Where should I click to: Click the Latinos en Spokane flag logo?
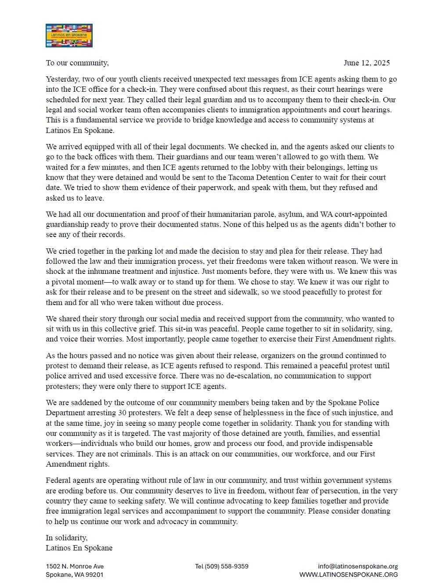click(69, 36)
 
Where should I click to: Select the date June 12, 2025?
click(366, 63)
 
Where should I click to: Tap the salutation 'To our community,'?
click(77, 63)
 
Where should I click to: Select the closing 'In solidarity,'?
click(67, 538)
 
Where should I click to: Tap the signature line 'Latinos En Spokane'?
click(79, 548)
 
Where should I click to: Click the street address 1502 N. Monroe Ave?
click(75, 566)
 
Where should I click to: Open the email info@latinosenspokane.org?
click(358, 566)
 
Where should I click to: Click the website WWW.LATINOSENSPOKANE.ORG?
click(349, 575)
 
